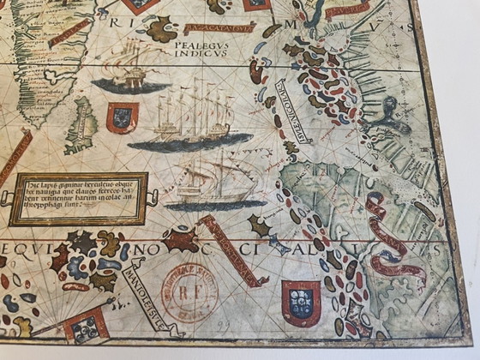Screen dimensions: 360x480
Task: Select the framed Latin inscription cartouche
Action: (79, 199)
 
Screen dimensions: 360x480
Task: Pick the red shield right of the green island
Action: (121, 117)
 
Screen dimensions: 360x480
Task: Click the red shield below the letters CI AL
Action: (301, 301)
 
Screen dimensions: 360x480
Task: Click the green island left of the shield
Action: (84, 120)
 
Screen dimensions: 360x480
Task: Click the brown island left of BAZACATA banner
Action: (161, 32)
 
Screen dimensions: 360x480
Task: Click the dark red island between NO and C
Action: (183, 238)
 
